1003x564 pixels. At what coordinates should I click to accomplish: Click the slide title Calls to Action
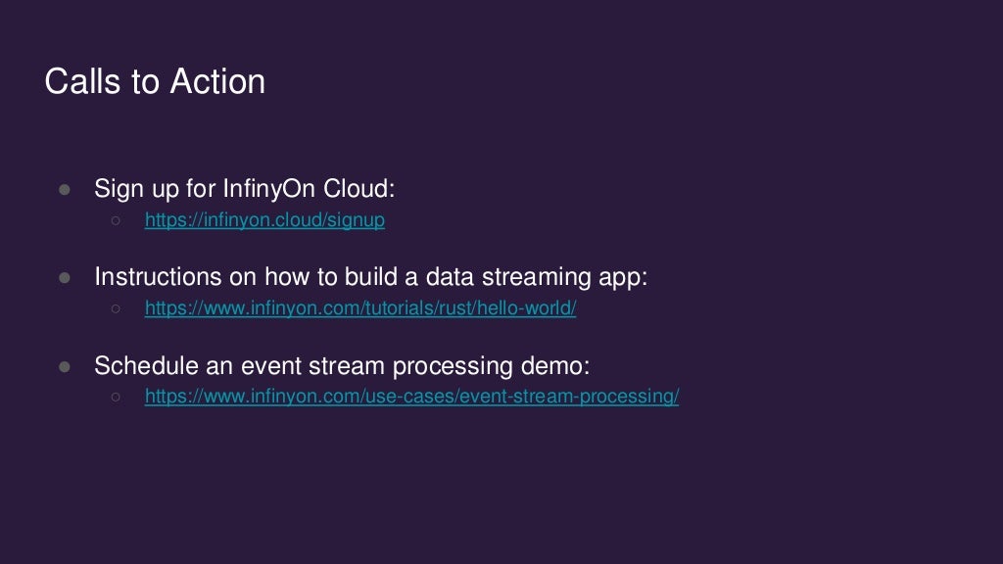(155, 81)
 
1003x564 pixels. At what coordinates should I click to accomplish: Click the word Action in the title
(217, 81)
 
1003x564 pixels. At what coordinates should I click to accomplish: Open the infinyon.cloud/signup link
(264, 220)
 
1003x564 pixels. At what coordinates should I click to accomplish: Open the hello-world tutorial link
(360, 308)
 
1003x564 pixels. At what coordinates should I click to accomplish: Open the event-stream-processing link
(411, 397)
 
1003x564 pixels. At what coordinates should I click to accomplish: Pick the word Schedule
(138, 366)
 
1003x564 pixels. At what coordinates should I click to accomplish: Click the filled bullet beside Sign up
(66, 190)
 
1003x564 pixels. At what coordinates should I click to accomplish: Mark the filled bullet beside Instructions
(66, 278)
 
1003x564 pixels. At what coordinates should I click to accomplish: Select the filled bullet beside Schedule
(66, 366)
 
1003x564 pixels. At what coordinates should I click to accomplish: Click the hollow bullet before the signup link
(116, 221)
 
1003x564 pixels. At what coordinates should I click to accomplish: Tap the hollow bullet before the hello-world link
(116, 309)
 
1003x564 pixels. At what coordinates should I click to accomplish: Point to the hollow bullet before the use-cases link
(116, 398)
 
